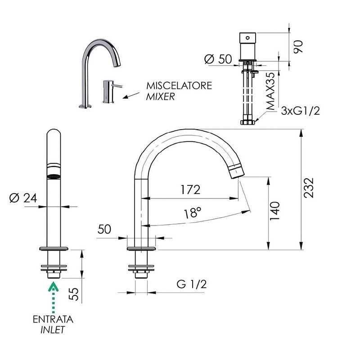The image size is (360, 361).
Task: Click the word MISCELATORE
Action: (x=179, y=86)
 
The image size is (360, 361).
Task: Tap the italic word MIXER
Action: (x=161, y=96)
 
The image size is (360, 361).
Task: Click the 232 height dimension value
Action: (x=309, y=188)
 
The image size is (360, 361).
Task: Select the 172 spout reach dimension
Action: (x=190, y=190)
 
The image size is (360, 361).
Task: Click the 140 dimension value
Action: (x=274, y=211)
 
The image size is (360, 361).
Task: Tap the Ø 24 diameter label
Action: (x=23, y=198)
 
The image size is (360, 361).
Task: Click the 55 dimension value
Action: (x=74, y=294)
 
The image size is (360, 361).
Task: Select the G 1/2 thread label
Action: (x=192, y=284)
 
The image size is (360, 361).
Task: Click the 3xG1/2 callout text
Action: (x=301, y=111)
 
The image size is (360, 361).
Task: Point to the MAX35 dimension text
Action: (x=270, y=91)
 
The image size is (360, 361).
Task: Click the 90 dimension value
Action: (x=298, y=47)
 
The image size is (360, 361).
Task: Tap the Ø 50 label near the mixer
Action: (x=218, y=59)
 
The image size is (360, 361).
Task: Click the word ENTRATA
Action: (x=53, y=319)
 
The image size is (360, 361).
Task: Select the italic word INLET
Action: (x=53, y=329)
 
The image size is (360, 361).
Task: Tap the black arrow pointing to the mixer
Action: (x=131, y=95)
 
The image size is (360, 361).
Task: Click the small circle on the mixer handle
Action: (x=247, y=38)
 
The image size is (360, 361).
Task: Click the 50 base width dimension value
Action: (x=104, y=229)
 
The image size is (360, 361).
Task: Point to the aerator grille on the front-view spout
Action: (x=54, y=177)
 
